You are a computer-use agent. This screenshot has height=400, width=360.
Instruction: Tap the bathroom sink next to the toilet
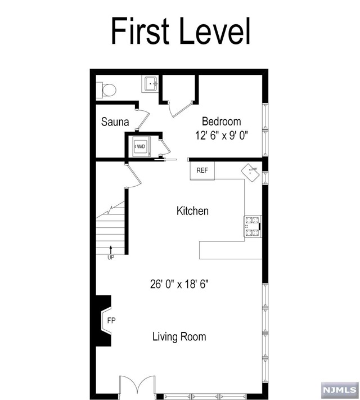150,84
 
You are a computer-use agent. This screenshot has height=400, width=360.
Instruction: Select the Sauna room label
115,122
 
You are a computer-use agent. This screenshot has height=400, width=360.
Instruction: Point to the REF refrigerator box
202,170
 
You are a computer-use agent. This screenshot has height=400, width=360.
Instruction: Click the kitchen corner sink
251,172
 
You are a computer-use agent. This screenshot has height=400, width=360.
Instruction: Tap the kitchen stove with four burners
253,227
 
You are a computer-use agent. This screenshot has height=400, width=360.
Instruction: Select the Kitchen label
192,211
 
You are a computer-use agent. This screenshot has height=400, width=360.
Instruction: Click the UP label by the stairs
111,258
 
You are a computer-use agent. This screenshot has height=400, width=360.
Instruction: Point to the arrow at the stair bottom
111,250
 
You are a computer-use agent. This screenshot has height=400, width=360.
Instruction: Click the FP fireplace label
111,321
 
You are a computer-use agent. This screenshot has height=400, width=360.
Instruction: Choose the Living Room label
179,337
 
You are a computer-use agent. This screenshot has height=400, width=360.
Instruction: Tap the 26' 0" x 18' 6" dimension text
179,284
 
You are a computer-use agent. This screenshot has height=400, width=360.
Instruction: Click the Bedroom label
221,122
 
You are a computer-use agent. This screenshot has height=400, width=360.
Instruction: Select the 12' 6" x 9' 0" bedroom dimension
222,135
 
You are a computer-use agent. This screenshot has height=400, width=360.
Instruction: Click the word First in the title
140,31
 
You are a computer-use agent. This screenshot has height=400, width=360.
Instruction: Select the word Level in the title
215,31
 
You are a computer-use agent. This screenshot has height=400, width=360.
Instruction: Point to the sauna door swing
143,119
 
